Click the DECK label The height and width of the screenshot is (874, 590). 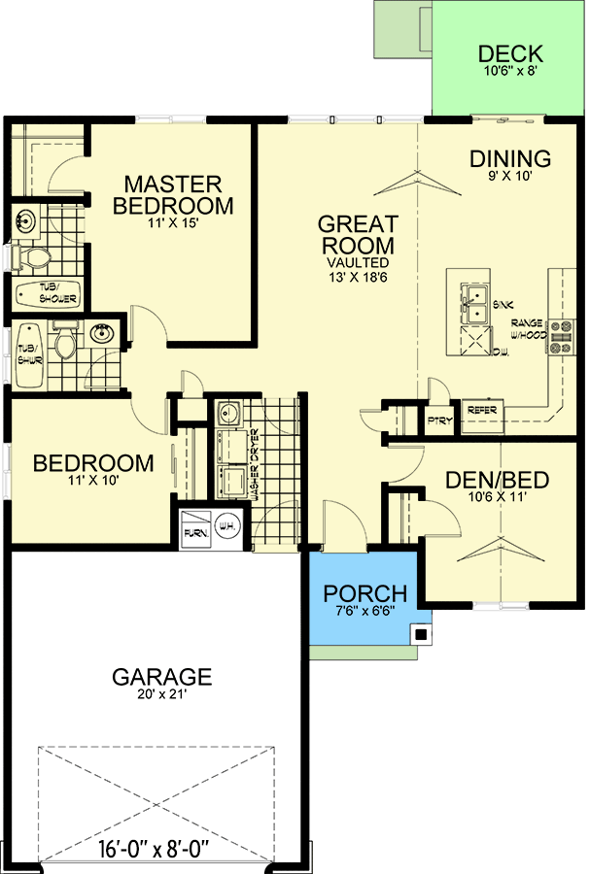510,54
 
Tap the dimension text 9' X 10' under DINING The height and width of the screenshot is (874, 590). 510,178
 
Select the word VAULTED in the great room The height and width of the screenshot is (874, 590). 358,262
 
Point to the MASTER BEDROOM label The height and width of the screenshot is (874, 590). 173,194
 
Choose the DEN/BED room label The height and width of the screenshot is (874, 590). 497,480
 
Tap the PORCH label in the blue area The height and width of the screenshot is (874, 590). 364,593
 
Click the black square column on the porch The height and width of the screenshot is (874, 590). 420,635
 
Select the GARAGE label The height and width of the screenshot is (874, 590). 161,676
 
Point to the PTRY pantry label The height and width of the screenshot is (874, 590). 438,420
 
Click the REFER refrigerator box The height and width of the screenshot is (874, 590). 483,411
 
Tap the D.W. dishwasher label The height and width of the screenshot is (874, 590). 502,352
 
